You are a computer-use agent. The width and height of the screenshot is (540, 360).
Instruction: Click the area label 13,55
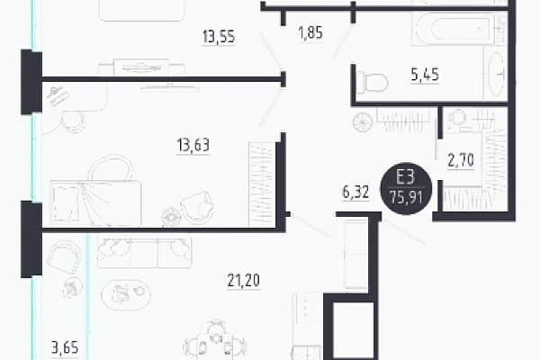(x=219, y=36)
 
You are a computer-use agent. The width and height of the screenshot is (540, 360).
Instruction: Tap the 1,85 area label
(x=310, y=32)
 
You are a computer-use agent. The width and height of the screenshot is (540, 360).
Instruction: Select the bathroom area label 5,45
(x=425, y=75)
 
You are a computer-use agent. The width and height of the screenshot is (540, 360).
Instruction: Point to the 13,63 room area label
(x=193, y=145)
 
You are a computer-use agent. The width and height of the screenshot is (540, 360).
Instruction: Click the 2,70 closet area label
(x=461, y=160)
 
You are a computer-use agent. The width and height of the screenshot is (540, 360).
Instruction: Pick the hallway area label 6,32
(x=355, y=192)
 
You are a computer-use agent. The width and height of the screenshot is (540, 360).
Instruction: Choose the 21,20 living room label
(x=244, y=280)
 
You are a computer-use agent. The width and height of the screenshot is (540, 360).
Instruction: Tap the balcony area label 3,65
(x=65, y=347)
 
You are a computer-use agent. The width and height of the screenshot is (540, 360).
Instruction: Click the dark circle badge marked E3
(x=406, y=188)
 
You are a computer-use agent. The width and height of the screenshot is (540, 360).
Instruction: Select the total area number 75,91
(x=406, y=198)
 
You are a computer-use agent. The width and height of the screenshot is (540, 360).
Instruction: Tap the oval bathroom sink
(x=497, y=74)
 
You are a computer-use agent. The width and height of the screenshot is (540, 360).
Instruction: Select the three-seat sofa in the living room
(x=144, y=251)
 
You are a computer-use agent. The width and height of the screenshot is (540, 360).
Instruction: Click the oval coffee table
(x=126, y=295)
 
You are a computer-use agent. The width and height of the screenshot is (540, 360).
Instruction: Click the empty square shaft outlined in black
(x=354, y=330)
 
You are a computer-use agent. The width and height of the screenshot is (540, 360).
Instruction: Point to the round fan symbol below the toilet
(x=363, y=122)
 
